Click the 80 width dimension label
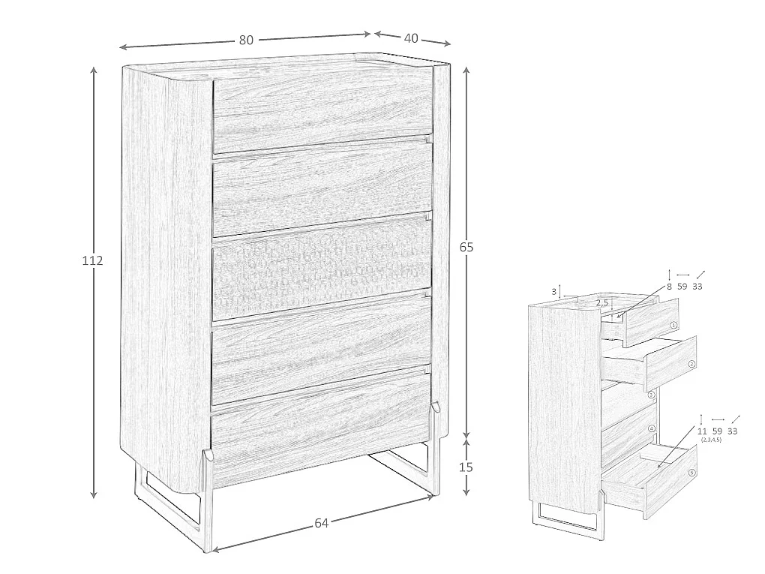point(247,40)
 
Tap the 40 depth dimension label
point(411,38)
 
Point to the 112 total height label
point(92,260)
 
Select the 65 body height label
point(466,248)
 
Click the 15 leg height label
point(466,467)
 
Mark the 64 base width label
point(321,523)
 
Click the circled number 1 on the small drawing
point(673,325)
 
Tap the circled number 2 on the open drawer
point(691,364)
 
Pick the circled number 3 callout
point(651,395)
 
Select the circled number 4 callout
point(651,429)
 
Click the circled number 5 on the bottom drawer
point(691,473)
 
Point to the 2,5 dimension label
point(602,303)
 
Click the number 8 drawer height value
point(669,287)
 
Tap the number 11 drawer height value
point(701,431)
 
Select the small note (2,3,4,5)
point(711,440)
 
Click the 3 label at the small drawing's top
point(553,292)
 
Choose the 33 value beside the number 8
point(697,287)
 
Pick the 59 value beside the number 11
point(717,431)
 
